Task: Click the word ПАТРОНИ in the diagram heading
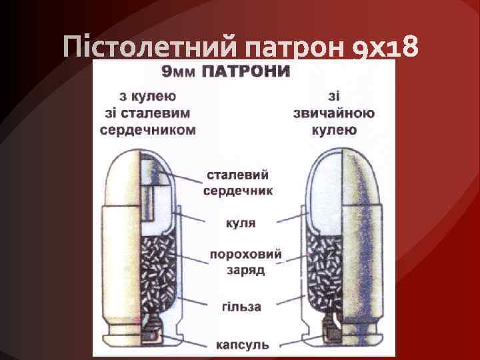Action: point(246,71)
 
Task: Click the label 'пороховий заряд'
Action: point(245,263)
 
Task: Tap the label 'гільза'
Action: point(241,307)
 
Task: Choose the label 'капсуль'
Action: point(242,345)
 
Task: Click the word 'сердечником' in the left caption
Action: point(148,129)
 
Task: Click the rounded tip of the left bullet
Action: point(140,160)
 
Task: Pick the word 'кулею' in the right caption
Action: point(333,129)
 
